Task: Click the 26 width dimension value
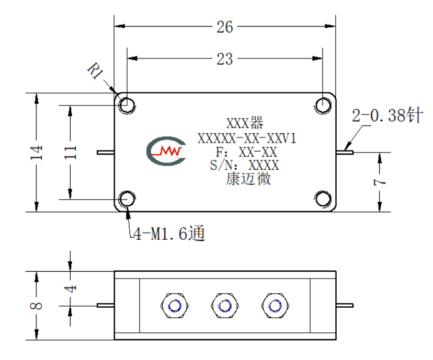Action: (x=224, y=27)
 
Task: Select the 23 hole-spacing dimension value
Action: (x=224, y=59)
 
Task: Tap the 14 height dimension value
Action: (x=37, y=152)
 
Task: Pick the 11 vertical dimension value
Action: (x=70, y=152)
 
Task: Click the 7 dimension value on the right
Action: (x=380, y=182)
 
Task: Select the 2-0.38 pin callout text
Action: (x=388, y=115)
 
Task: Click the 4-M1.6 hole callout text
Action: (x=169, y=234)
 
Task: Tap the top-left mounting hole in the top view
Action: (x=127, y=106)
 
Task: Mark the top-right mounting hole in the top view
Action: (x=323, y=106)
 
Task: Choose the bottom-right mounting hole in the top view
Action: (x=323, y=199)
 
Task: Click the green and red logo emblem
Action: (x=166, y=151)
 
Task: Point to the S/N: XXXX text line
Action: (x=244, y=165)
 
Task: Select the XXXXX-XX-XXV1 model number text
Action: (x=247, y=138)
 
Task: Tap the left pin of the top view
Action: (x=106, y=152)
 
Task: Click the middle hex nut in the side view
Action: (x=224, y=306)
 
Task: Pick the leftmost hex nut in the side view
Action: (x=175, y=306)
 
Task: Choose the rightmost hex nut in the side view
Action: (x=275, y=306)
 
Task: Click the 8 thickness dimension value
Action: (x=37, y=306)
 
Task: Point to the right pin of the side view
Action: (x=345, y=305)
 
